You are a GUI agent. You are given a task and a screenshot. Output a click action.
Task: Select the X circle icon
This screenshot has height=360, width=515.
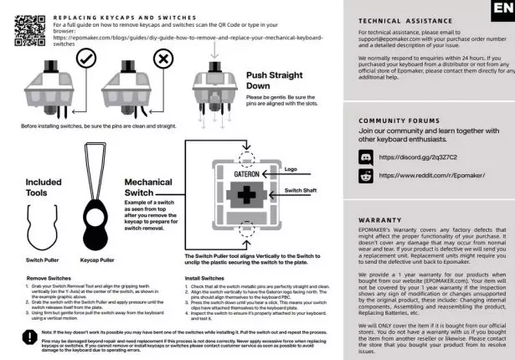point(164,59)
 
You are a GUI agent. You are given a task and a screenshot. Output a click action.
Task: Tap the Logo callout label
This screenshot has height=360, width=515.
point(291,169)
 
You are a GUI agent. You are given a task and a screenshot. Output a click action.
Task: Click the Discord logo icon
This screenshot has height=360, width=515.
point(364,157)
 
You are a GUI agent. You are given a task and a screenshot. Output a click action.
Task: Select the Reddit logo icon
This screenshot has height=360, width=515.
point(364,176)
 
